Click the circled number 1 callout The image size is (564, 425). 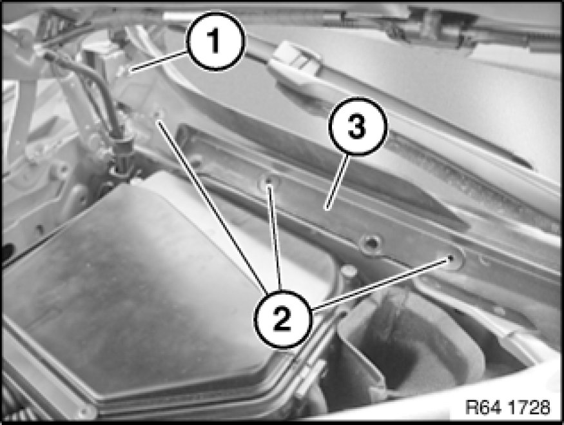click(215, 41)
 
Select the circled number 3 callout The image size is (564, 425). click(357, 126)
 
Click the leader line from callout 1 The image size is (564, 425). click(159, 61)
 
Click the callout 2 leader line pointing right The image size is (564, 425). click(382, 283)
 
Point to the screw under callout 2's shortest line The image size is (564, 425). click(268, 181)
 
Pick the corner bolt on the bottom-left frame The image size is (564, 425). click(84, 411)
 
